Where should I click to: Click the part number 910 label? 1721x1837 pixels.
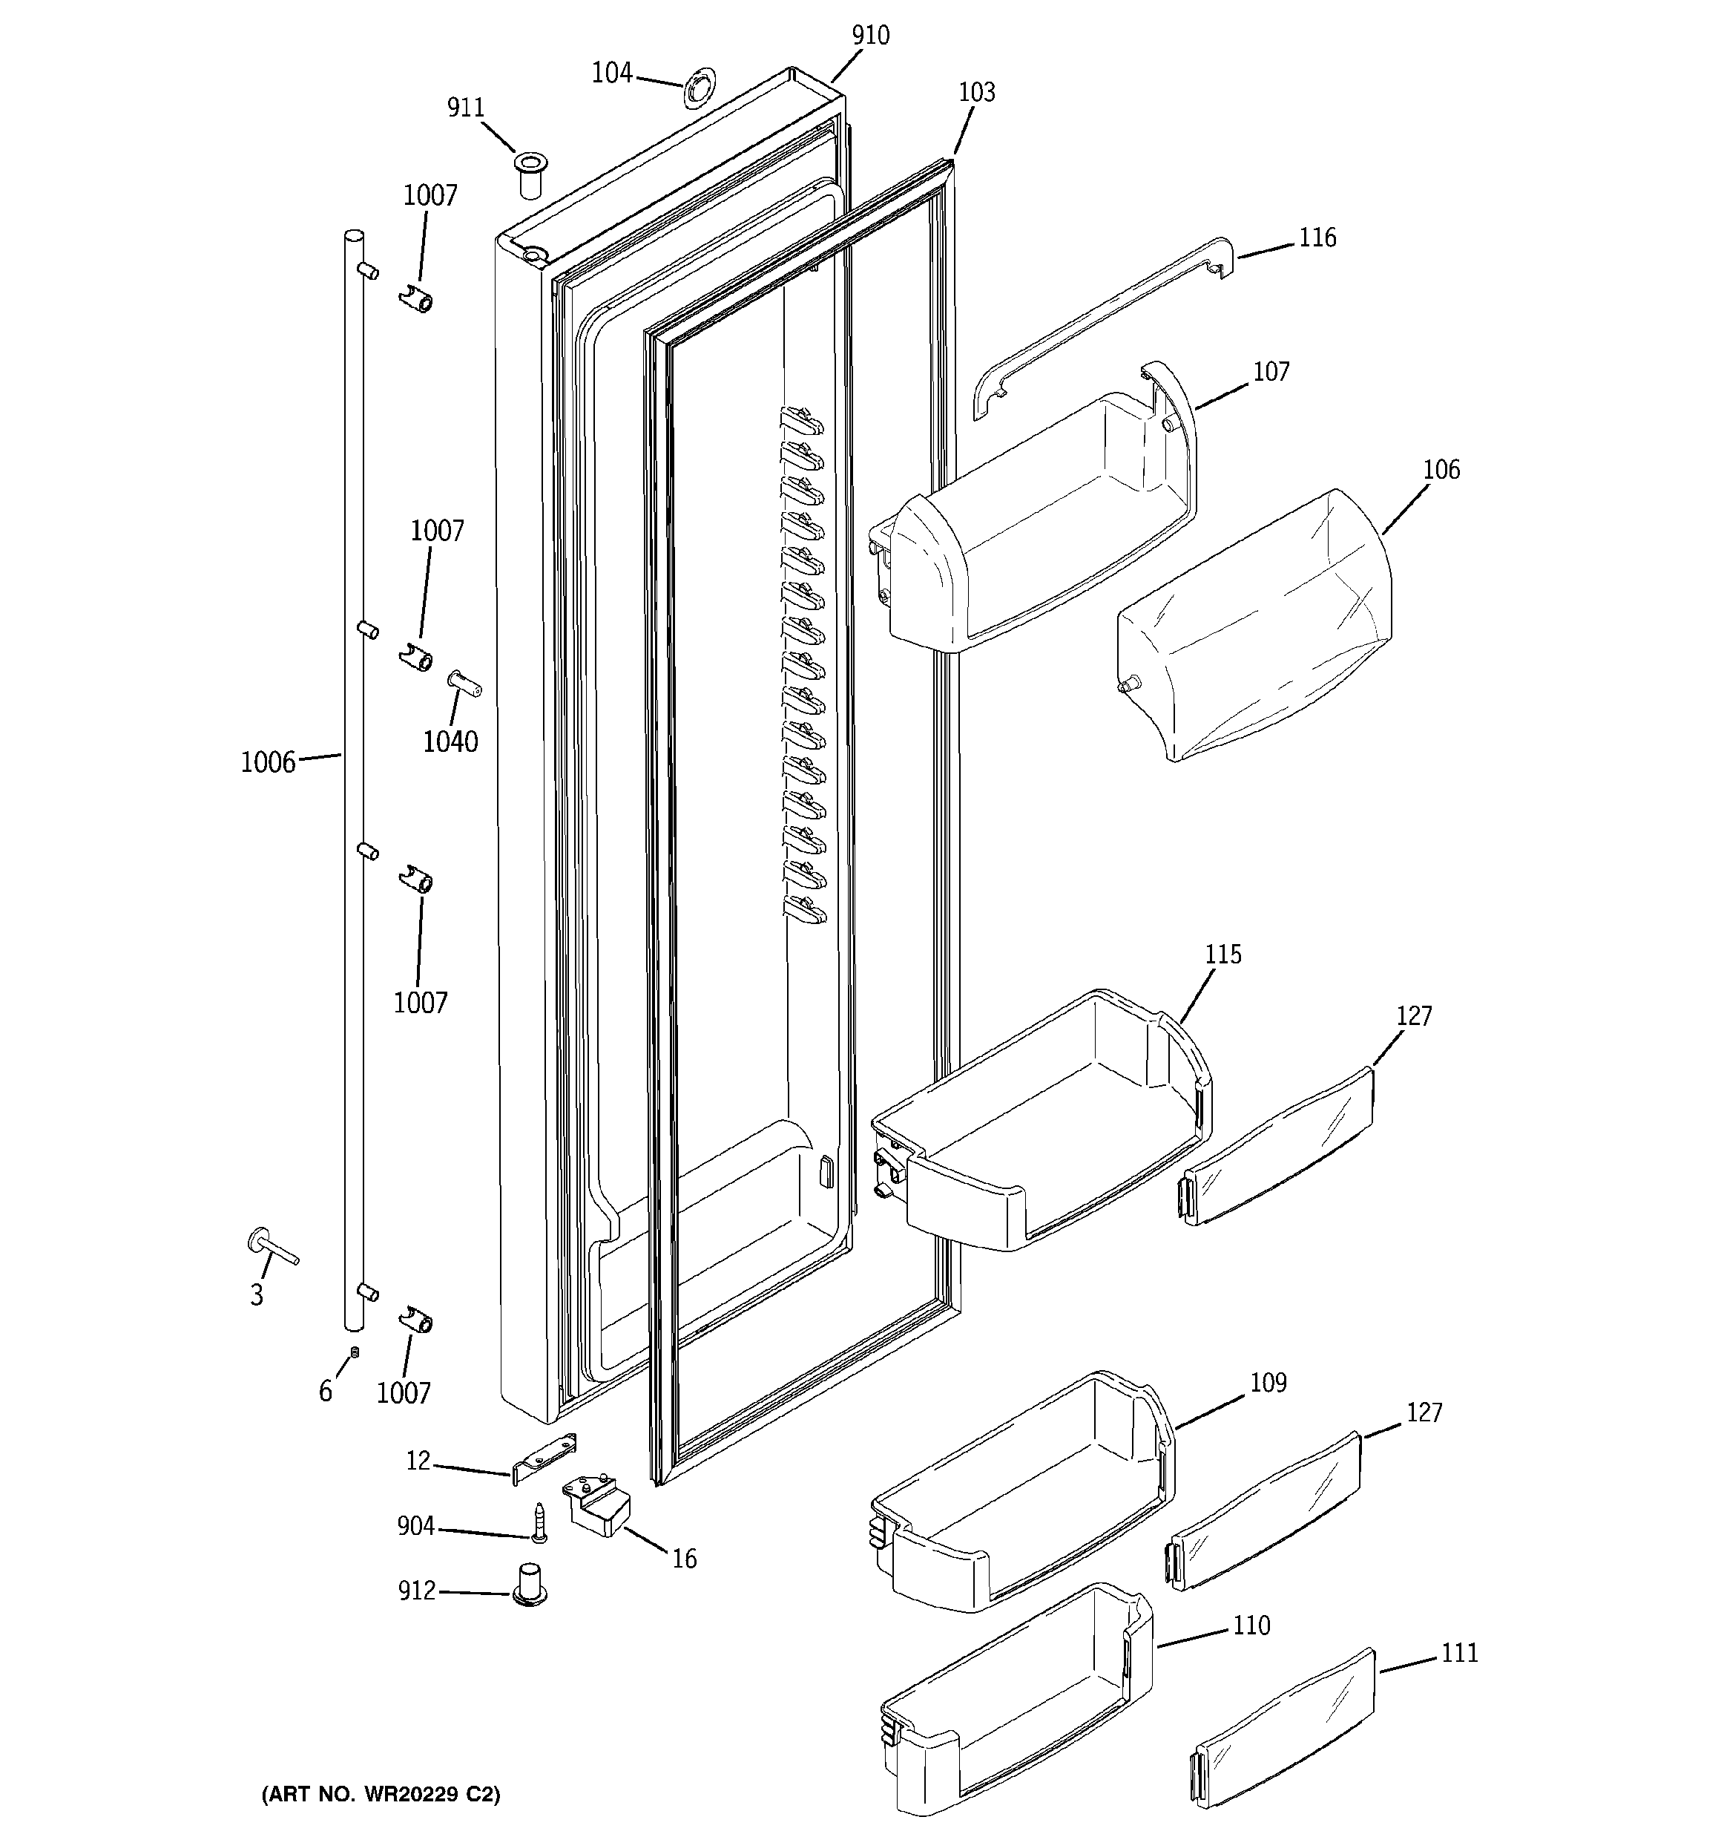[x=870, y=36]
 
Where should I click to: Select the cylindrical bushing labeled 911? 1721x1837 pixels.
[x=530, y=174]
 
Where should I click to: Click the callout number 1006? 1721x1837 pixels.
[x=268, y=762]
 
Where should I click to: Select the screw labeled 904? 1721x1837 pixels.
[x=539, y=1523]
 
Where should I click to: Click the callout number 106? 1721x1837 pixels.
[x=1441, y=471]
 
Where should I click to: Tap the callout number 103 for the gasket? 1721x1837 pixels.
[x=976, y=92]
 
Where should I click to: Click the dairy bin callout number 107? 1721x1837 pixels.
[x=1271, y=373]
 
